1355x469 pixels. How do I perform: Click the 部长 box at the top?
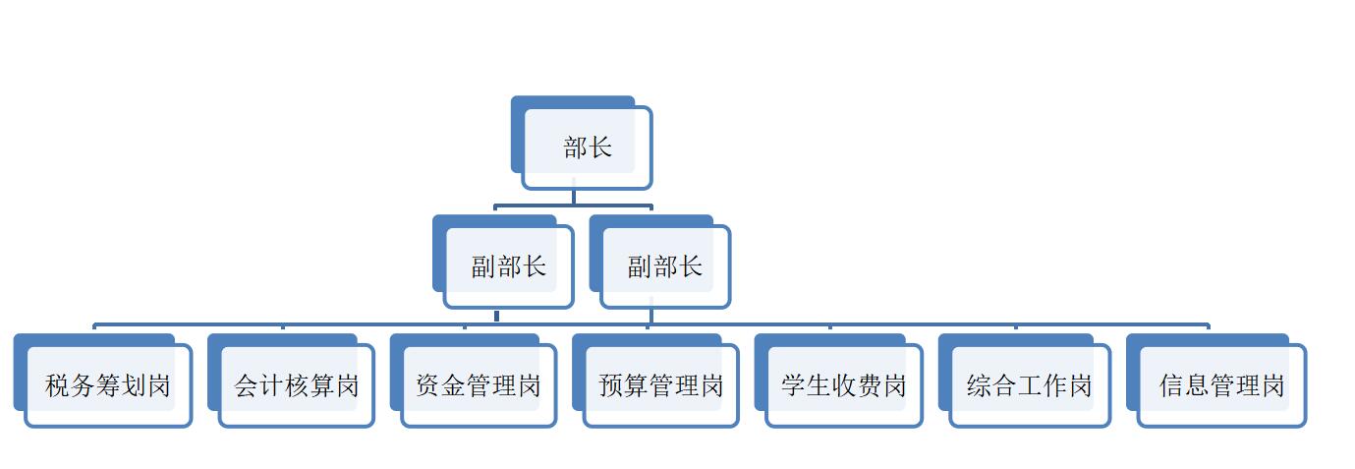tap(587, 148)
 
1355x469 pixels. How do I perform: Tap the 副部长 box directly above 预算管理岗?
tap(665, 266)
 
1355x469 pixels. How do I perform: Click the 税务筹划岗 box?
tap(108, 385)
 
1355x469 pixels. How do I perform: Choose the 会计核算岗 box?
tap(296, 385)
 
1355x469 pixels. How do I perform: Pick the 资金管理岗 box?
tap(479, 385)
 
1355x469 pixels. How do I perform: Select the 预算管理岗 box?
tap(661, 385)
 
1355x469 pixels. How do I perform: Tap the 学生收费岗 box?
tap(844, 385)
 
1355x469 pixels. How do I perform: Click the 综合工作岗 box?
tap(1030, 385)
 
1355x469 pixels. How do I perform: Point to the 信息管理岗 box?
tap(1221, 385)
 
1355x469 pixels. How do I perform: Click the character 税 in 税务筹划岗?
tap(58, 385)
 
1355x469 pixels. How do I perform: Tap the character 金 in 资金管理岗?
tap(454, 385)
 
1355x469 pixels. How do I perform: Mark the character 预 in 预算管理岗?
tap(611, 385)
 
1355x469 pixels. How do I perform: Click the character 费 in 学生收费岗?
tap(869, 385)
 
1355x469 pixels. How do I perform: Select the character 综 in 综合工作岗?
tap(980, 385)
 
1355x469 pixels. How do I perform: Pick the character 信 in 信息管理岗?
tap(1171, 385)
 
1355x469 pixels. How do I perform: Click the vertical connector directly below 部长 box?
tap(574, 197)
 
